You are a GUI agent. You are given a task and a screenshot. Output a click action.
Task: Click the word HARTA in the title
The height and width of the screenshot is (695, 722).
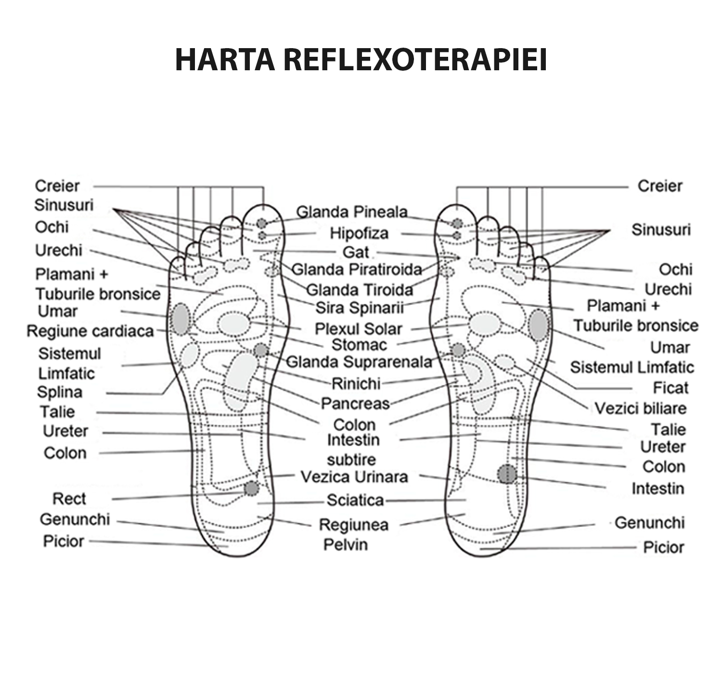[x=225, y=60]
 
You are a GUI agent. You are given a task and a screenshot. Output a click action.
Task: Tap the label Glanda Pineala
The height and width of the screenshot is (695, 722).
[x=352, y=212]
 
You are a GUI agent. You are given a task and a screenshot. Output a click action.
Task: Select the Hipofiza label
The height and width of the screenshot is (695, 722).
[x=359, y=233]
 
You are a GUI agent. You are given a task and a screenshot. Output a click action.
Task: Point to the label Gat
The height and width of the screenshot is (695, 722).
[x=356, y=252]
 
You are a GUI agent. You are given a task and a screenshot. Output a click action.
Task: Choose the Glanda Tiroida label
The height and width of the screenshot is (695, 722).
[x=360, y=290]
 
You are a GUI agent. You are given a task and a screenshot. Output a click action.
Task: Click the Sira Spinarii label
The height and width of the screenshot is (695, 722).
[x=360, y=308]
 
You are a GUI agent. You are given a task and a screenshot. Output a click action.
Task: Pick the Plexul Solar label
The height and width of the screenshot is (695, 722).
[x=358, y=329]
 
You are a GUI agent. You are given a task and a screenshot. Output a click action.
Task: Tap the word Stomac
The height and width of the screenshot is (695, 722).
[x=360, y=345]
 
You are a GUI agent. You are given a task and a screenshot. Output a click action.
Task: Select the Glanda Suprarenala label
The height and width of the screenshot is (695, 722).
[x=359, y=362]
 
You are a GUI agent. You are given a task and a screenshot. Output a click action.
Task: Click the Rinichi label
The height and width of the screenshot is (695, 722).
[x=356, y=384]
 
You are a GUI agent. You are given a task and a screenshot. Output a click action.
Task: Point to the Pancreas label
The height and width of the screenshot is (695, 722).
[x=355, y=403]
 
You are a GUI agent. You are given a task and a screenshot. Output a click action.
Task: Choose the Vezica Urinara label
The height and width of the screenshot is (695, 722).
[x=354, y=477]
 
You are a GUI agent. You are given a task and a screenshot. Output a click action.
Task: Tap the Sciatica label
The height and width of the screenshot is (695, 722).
[x=355, y=501]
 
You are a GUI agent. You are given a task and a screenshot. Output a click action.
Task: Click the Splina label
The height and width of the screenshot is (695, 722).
[x=60, y=392]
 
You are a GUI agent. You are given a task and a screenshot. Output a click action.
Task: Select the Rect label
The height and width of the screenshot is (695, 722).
[x=69, y=499]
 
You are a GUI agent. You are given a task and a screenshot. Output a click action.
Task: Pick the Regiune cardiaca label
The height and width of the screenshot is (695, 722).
[x=90, y=332]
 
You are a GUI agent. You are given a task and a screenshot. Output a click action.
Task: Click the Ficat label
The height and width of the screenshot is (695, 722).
[x=670, y=387]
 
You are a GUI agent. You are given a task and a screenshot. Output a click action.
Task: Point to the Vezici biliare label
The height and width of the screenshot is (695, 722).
[x=641, y=409]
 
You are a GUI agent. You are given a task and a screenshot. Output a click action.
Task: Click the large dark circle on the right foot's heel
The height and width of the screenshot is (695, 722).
[x=507, y=474]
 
